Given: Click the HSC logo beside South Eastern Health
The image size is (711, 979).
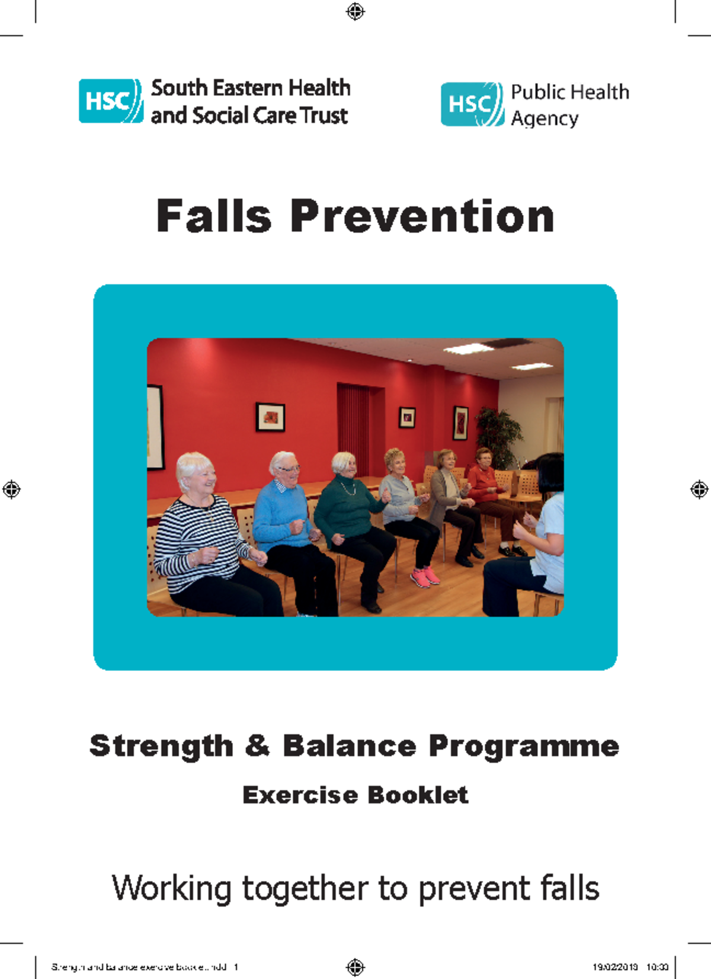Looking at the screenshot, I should point(111,101).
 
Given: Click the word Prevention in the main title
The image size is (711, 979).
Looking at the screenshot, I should point(422,216).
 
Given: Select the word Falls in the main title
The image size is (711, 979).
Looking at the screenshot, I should point(213,216).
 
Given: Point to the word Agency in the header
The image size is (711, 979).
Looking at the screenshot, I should point(545,119).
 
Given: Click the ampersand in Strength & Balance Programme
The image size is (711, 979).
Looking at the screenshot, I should point(257,745).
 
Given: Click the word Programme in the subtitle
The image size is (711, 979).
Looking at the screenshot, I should point(524,746).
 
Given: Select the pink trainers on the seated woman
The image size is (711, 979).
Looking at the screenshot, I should point(425,576).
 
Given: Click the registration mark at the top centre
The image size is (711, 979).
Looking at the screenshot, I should point(355,11).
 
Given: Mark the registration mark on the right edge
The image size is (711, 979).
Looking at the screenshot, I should point(699,489).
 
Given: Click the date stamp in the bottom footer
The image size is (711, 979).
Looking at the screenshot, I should point(614,967).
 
